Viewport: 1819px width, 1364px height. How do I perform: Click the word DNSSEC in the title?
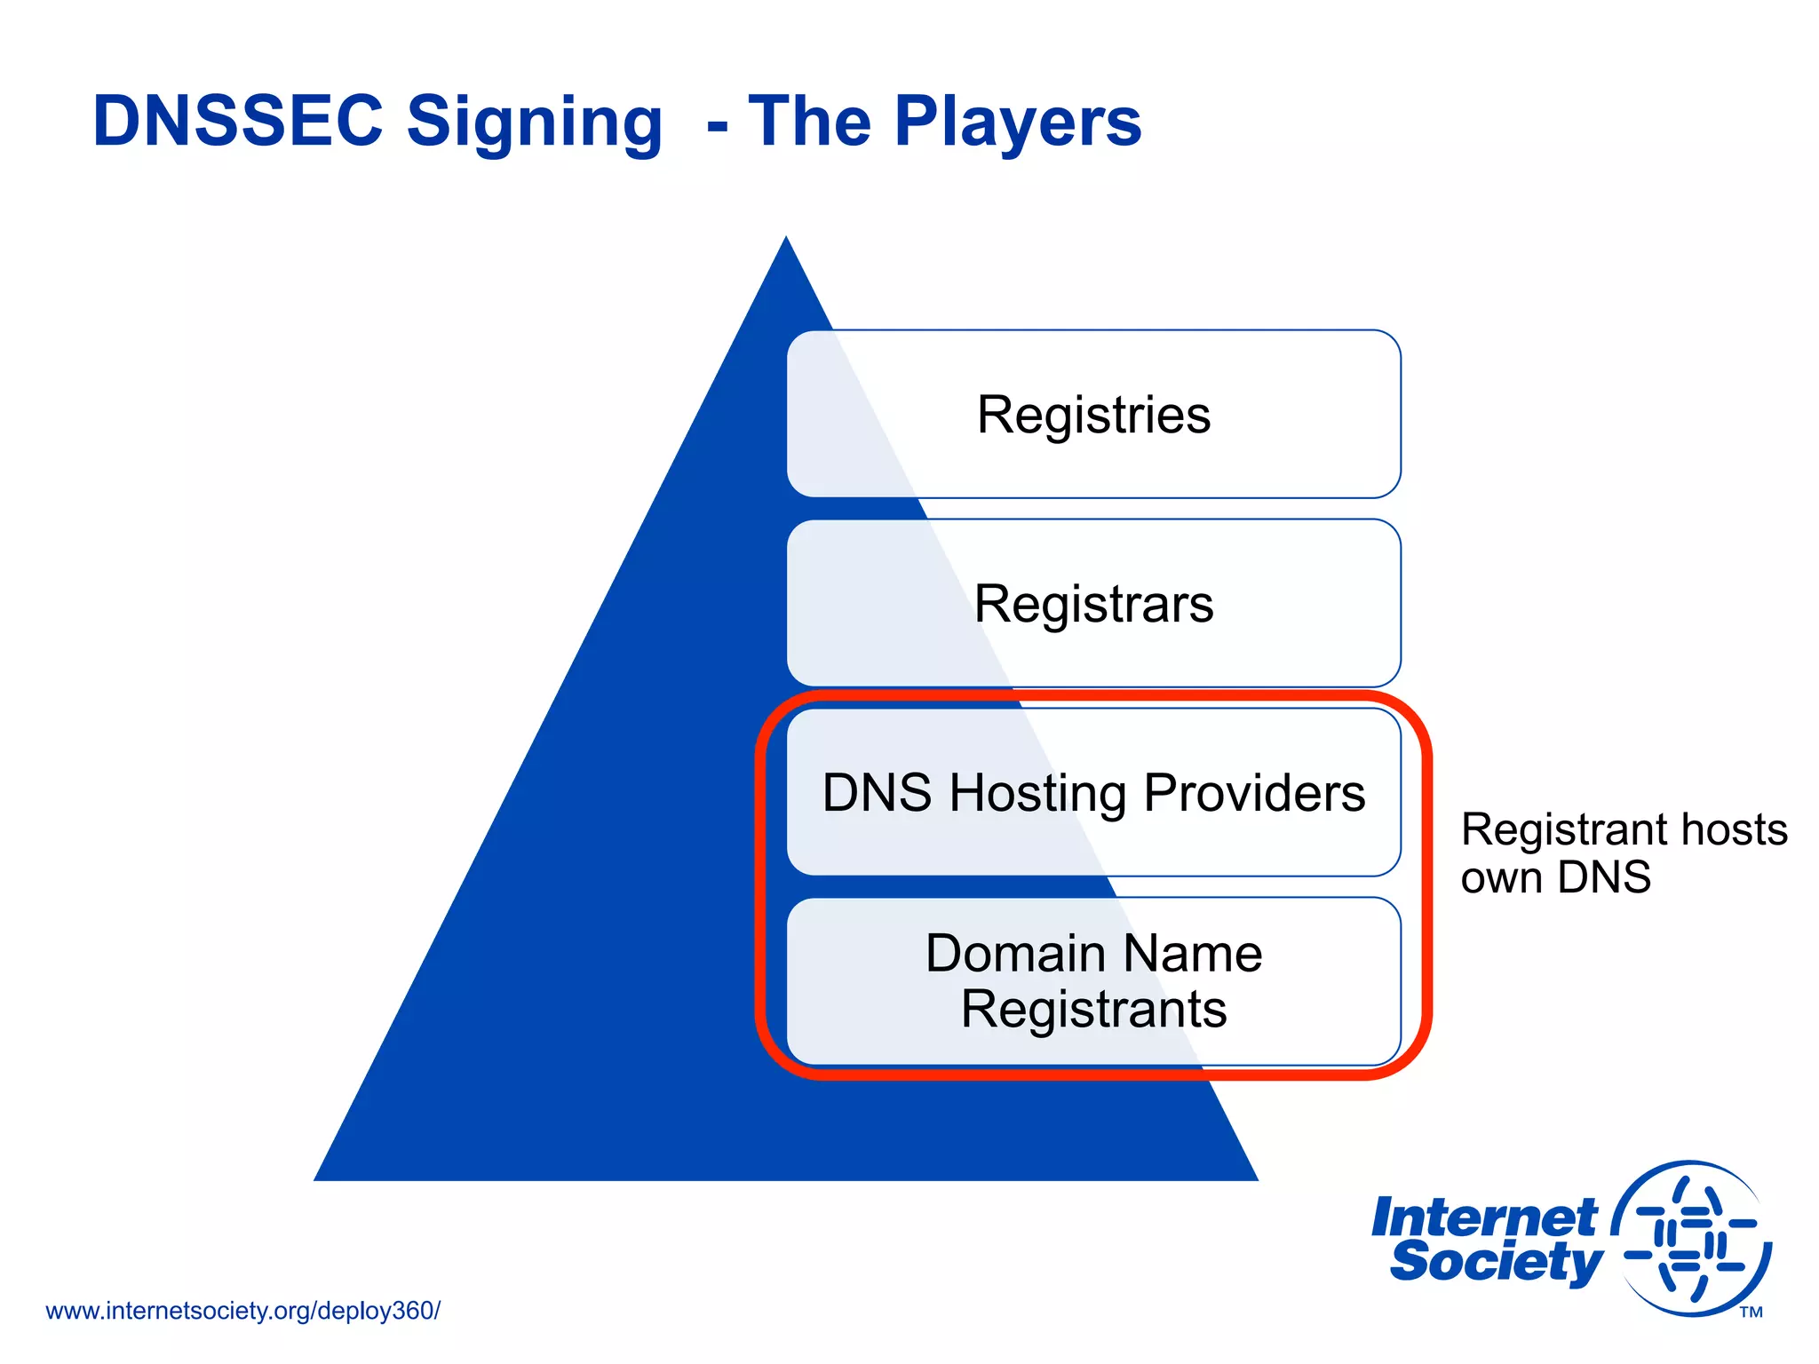point(238,121)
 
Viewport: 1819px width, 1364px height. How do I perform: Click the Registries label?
point(1093,415)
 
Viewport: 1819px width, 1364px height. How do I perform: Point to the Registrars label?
point(1093,604)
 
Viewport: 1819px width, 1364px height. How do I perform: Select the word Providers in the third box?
point(1254,792)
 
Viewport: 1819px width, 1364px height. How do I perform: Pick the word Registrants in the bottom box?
point(1093,1010)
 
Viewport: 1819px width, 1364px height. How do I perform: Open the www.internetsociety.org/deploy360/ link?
point(242,1311)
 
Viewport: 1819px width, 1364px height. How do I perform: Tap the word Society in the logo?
point(1496,1261)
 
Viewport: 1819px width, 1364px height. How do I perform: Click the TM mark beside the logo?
point(1751,1312)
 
